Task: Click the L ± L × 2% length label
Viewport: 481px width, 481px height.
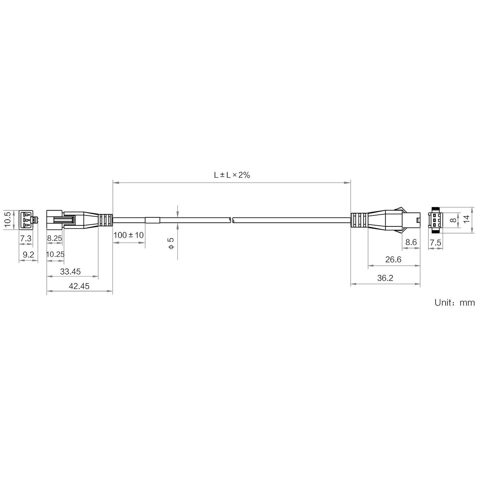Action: point(232,175)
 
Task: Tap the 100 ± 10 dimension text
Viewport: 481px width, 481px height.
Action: point(129,235)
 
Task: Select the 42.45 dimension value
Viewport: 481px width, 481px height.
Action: point(79,286)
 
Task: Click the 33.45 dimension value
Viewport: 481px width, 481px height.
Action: point(71,272)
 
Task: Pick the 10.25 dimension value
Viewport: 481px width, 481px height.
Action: point(55,254)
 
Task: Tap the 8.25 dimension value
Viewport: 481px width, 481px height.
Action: point(55,238)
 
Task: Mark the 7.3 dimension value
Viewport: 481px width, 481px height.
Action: point(26,238)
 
